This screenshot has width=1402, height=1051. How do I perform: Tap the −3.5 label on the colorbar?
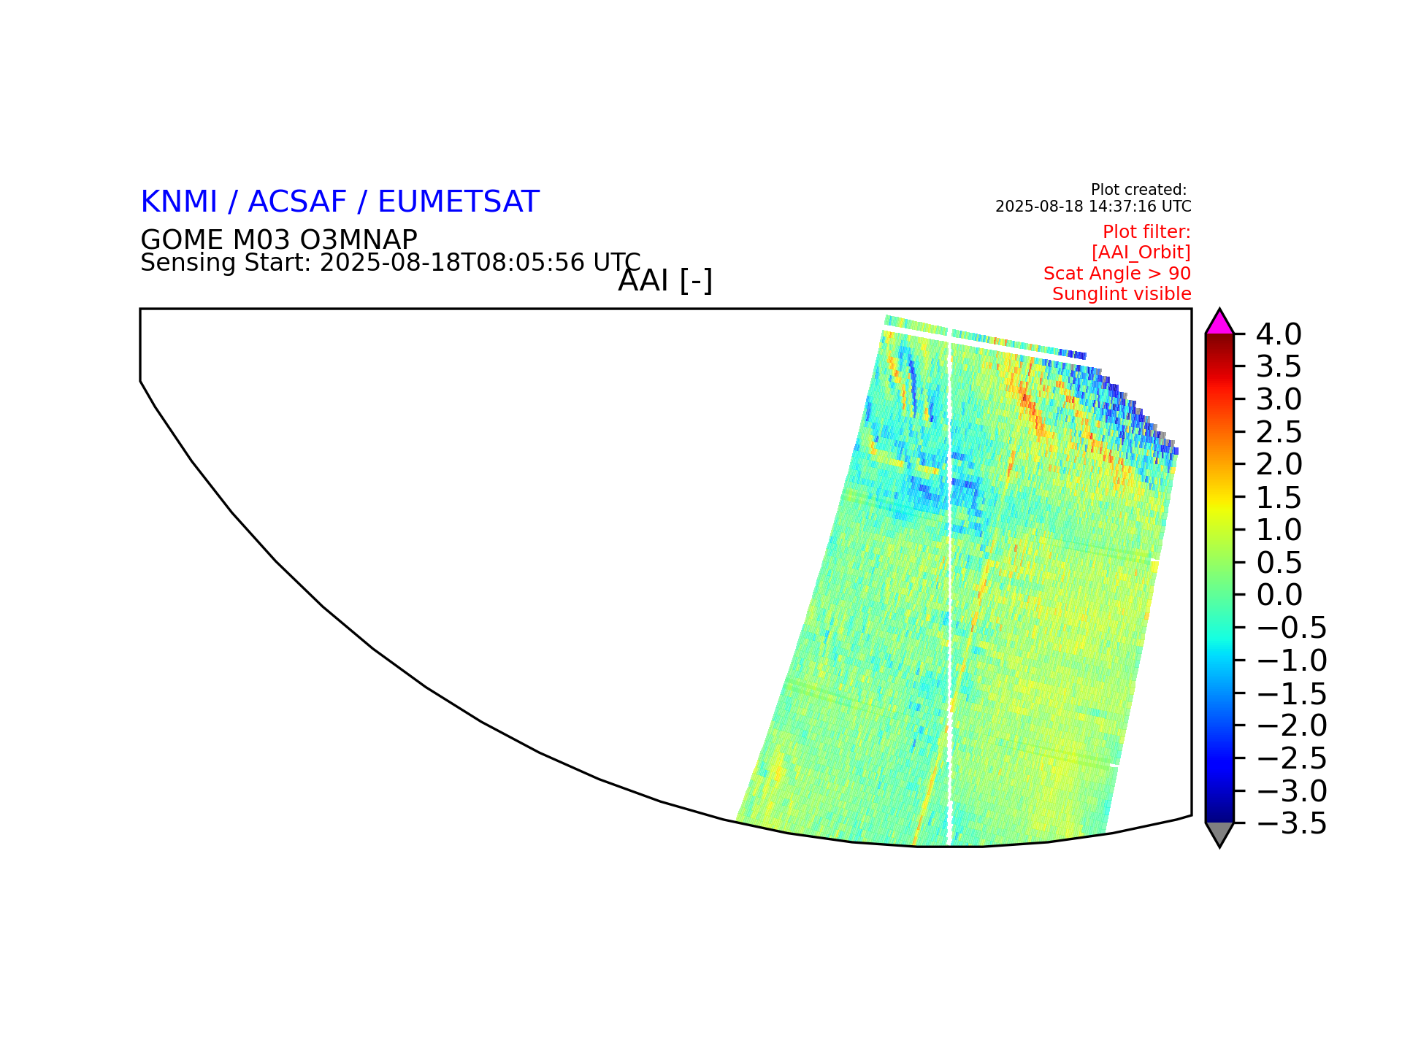click(1291, 823)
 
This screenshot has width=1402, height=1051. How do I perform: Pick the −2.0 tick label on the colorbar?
click(1291, 725)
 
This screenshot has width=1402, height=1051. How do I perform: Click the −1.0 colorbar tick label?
click(1291, 661)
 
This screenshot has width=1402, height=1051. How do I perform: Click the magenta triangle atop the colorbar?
click(1219, 323)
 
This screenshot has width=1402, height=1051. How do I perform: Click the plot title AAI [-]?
click(665, 281)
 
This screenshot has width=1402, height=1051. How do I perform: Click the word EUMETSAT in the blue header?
click(459, 202)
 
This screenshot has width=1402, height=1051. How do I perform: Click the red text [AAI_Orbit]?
click(1141, 253)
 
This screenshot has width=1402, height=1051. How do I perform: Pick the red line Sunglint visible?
click(1122, 294)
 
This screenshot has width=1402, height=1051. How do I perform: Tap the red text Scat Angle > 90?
click(1117, 274)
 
